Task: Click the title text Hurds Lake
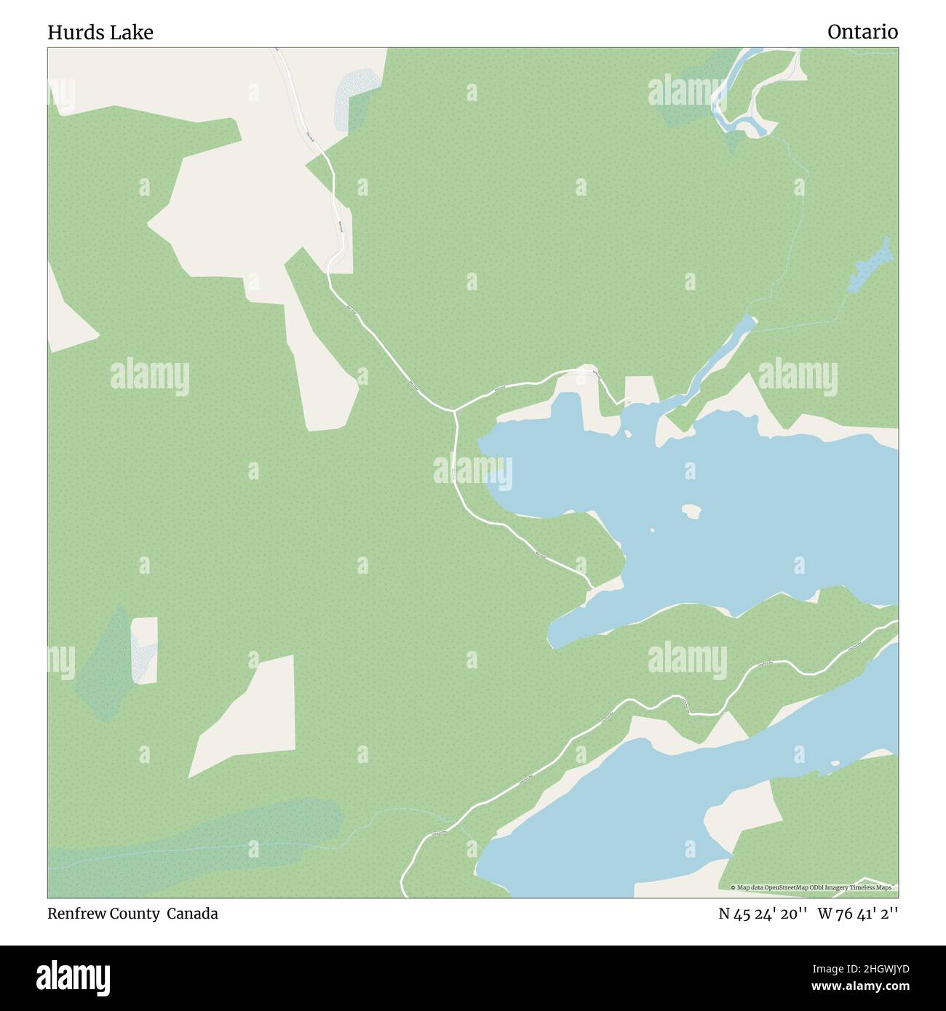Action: tap(100, 33)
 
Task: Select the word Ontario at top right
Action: tap(862, 32)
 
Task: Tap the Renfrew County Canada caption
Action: tap(132, 914)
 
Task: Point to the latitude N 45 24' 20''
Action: tap(763, 914)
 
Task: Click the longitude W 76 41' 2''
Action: tap(858, 914)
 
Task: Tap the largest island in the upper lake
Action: tap(691, 511)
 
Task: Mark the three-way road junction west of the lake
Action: tap(454, 412)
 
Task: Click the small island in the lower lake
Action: tap(835, 763)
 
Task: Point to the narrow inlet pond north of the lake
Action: tap(728, 349)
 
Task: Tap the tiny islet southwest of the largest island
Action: tap(651, 531)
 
